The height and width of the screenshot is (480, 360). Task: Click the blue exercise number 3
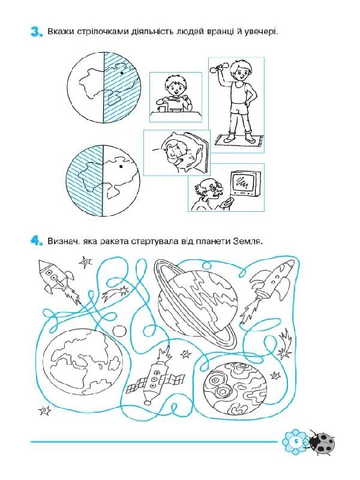coord(36,32)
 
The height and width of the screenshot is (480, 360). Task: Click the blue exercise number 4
coord(36,241)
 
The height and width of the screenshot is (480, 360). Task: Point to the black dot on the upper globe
coord(122,73)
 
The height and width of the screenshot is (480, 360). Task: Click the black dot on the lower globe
coord(121,167)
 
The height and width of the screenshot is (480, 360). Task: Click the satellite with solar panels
coord(156,376)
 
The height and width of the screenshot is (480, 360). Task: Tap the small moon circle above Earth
coord(119,331)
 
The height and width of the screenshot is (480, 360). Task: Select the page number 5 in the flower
coord(296,441)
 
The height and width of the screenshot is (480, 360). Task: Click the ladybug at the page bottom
coord(322,443)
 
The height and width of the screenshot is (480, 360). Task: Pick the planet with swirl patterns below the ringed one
coord(235,388)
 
